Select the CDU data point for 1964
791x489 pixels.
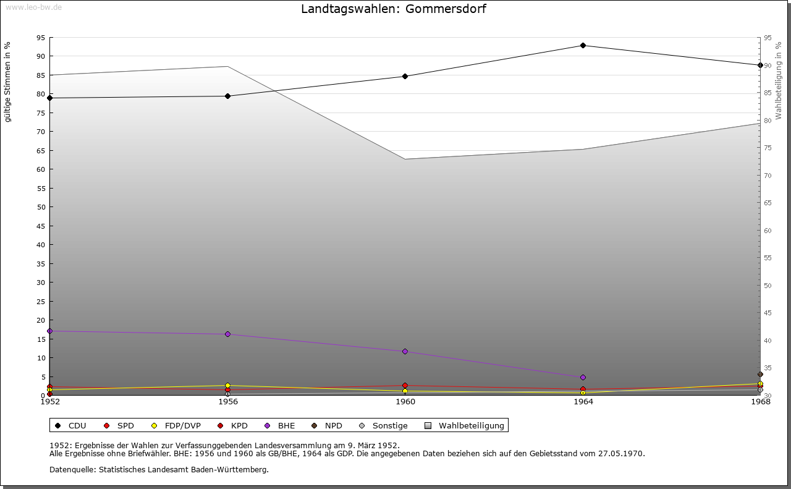pyautogui.click(x=583, y=45)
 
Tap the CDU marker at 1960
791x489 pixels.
pyautogui.click(x=405, y=76)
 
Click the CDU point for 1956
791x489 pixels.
pyautogui.click(x=227, y=96)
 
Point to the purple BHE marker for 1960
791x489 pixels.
pyautogui.click(x=405, y=351)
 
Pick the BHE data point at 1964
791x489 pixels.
pyautogui.click(x=583, y=377)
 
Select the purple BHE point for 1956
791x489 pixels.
pyautogui.click(x=227, y=334)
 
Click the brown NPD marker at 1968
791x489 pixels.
pyautogui.click(x=760, y=374)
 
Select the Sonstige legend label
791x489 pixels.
pyautogui.click(x=389, y=425)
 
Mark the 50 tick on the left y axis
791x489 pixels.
pyautogui.click(x=41, y=207)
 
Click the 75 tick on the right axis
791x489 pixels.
pyautogui.click(x=767, y=148)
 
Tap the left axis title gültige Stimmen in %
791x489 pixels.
pyautogui.click(x=8, y=82)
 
